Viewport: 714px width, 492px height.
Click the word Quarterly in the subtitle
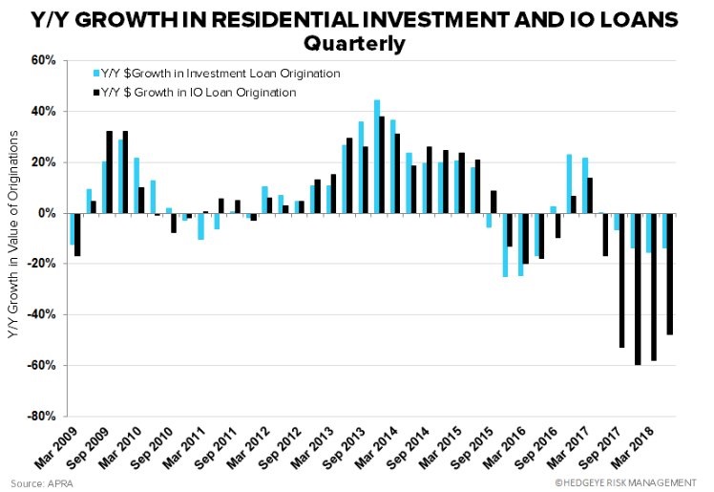tap(355, 44)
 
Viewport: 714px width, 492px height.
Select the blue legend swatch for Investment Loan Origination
tap(95, 74)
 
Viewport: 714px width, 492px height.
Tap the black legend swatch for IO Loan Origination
tap(95, 93)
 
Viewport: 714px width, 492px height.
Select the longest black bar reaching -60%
tap(637, 289)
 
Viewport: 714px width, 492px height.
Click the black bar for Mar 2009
tap(77, 234)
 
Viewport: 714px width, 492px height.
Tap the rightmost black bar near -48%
tap(669, 273)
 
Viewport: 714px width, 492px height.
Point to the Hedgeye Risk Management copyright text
tap(631, 481)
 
